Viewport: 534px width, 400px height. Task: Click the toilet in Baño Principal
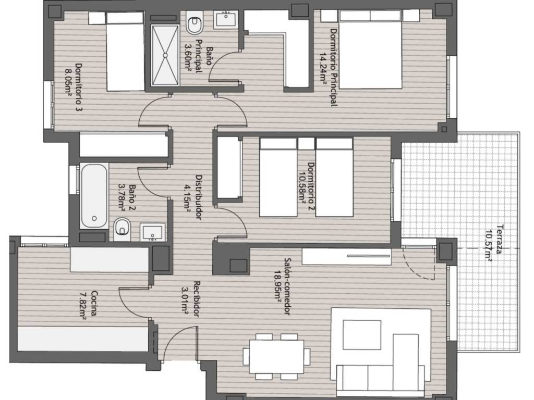(194, 22)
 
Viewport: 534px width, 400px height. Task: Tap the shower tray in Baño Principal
(165, 55)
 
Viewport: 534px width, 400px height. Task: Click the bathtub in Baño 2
(94, 196)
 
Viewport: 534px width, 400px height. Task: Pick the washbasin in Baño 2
(153, 232)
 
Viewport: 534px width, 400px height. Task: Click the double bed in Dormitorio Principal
(370, 49)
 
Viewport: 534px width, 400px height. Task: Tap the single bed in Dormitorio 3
(125, 52)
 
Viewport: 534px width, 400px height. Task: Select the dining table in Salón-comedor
(276, 356)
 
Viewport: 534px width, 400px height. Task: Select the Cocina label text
(94, 304)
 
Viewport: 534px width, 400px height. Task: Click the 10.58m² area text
(301, 187)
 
